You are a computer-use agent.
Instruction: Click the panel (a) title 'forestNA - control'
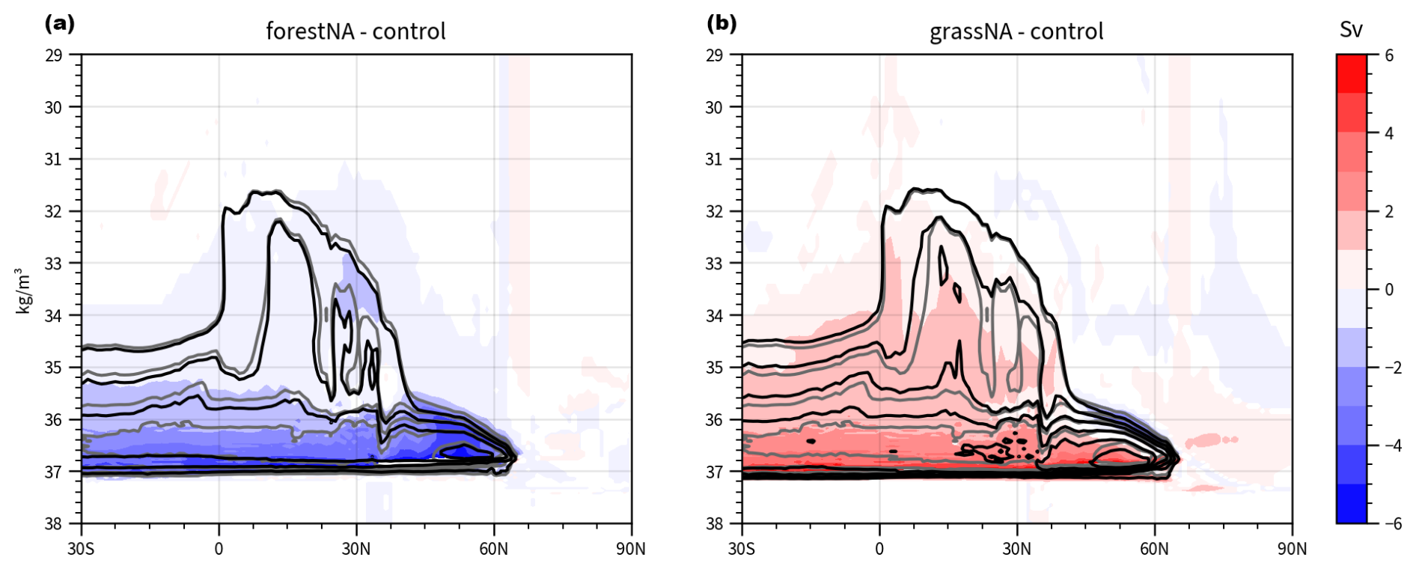[355, 31]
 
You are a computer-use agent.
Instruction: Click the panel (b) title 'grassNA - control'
[1016, 31]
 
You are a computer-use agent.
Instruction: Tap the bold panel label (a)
[60, 23]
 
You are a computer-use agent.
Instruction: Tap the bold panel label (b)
[721, 23]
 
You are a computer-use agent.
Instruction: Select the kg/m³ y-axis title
[24, 290]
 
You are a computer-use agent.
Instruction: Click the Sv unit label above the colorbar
[1351, 30]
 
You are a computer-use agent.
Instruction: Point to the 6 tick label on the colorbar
[1389, 55]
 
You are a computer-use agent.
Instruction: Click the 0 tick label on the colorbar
[1389, 290]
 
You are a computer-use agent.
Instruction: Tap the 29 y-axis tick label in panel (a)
[53, 55]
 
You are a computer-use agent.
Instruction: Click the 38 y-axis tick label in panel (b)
[714, 523]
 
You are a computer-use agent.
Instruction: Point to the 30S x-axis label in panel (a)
[81, 549]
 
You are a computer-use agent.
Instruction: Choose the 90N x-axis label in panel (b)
[1292, 549]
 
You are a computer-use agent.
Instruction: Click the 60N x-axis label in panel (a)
[493, 549]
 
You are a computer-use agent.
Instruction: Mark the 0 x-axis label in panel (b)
[879, 549]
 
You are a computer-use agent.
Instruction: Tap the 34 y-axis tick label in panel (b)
[714, 315]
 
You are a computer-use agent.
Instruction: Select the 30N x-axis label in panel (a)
[355, 549]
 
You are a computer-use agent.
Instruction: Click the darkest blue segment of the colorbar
[1351, 503]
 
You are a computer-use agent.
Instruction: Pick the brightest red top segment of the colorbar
[1351, 73]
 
